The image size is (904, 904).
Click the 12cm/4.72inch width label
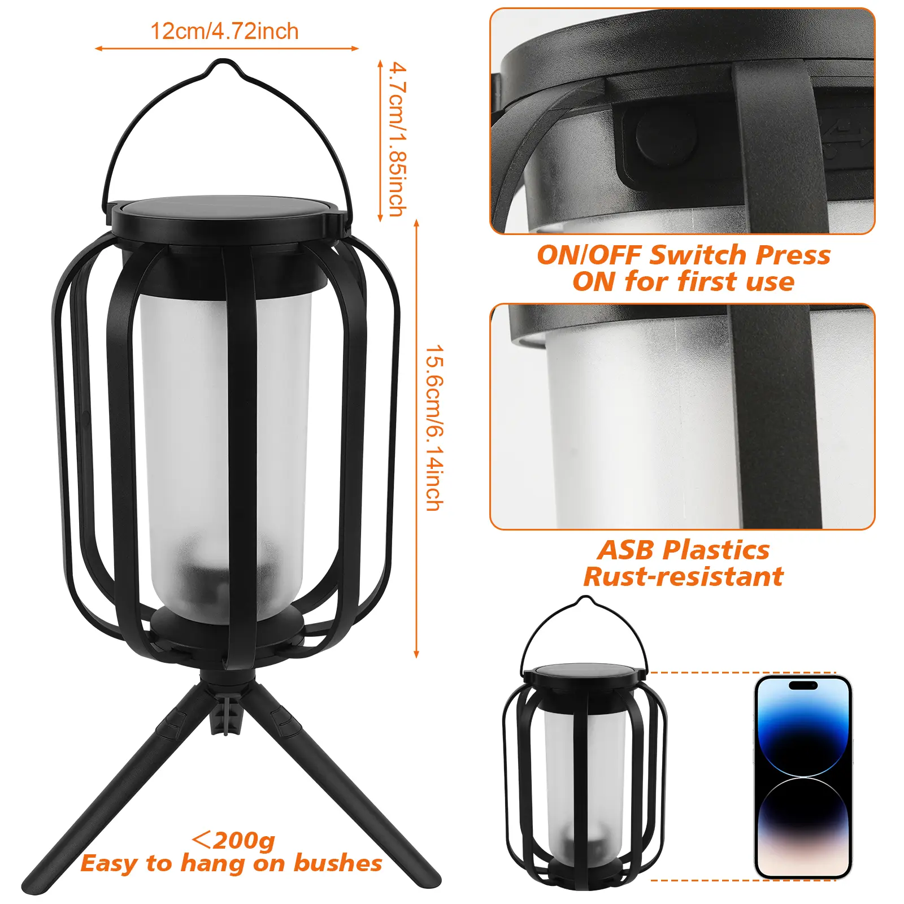click(224, 32)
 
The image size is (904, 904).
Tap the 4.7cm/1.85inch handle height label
click(398, 140)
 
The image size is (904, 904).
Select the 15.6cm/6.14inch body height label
click(434, 428)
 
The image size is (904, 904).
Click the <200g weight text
click(233, 840)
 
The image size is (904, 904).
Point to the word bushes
click(337, 863)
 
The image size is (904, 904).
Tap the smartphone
click(803, 776)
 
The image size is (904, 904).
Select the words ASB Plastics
click(684, 550)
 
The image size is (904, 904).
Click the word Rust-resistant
click(684, 577)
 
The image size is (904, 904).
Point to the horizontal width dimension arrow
click(227, 49)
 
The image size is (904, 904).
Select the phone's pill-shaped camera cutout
click(803, 685)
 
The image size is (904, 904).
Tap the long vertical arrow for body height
click(417, 439)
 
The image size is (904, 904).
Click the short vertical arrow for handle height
click(381, 141)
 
